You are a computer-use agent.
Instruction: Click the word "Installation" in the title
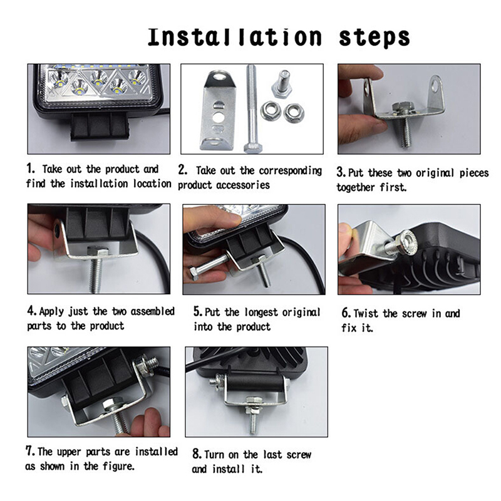tap(234, 37)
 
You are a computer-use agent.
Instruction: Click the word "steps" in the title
tap(374, 38)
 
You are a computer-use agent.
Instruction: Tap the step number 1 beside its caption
tap(30, 168)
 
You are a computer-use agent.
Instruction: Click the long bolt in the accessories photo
tap(252, 108)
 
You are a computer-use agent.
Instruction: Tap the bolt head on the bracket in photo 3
tap(401, 108)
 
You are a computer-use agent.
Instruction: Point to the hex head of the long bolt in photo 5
tap(194, 274)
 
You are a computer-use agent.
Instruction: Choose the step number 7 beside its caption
tap(30, 451)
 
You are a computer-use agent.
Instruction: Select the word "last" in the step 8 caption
tap(272, 455)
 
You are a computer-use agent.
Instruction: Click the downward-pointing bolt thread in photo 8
tap(253, 422)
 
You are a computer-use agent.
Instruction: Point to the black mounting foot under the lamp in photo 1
tap(100, 126)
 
